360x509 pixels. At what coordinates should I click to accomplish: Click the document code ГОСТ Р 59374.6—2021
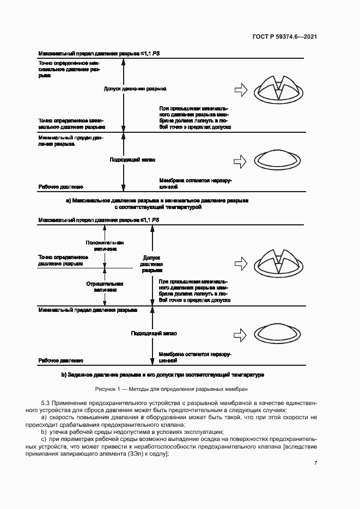pyautogui.click(x=284, y=36)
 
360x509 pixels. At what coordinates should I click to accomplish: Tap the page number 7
pyautogui.click(x=315, y=463)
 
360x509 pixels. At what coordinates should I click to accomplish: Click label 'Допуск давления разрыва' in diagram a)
pyautogui.click(x=135, y=89)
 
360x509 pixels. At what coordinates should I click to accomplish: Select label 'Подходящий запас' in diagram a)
pyautogui.click(x=133, y=161)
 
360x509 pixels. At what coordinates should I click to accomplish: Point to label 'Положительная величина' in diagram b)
pyautogui.click(x=105, y=246)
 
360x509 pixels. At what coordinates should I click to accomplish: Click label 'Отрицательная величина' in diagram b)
pyautogui.click(x=105, y=287)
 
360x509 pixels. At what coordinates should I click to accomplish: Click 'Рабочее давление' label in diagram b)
pyautogui.click(x=60, y=360)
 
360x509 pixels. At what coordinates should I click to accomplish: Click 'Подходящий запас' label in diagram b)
pyautogui.click(x=154, y=333)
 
